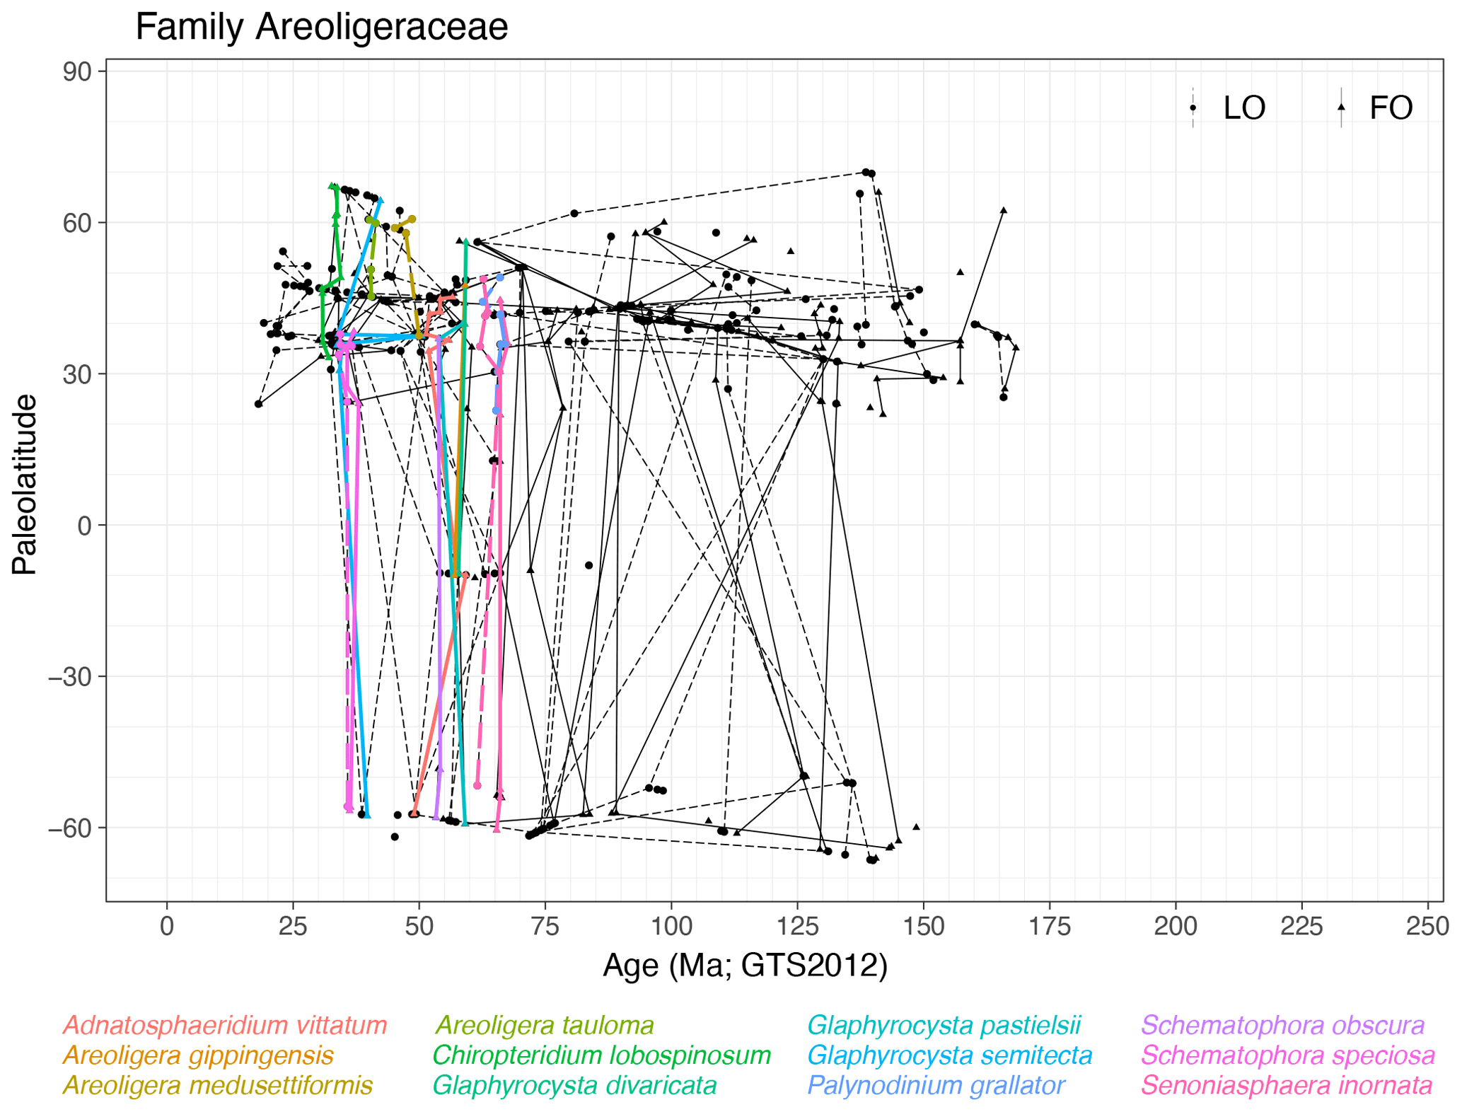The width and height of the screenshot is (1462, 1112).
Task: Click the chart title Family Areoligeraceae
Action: pos(321,28)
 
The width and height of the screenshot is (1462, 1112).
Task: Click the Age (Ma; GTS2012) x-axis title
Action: pos(744,965)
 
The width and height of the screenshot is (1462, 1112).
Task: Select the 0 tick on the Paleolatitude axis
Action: pos(85,526)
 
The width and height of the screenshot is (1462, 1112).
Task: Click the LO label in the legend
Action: pos(1244,108)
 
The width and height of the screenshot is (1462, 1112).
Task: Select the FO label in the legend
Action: pos(1391,108)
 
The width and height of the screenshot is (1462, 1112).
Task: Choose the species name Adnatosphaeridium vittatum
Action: pos(225,1026)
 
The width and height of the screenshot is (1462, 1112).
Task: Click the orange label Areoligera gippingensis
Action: pos(198,1055)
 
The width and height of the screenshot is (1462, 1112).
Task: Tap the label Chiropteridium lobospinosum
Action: pos(601,1055)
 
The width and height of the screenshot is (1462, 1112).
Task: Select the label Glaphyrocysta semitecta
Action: pos(949,1055)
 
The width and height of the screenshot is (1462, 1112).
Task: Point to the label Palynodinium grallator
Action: pos(936,1085)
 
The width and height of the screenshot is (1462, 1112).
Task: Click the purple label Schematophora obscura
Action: pos(1282,1026)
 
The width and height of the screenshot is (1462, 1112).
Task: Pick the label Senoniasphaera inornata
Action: pos(1287,1085)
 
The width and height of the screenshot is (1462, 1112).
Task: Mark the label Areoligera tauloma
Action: pos(544,1026)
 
